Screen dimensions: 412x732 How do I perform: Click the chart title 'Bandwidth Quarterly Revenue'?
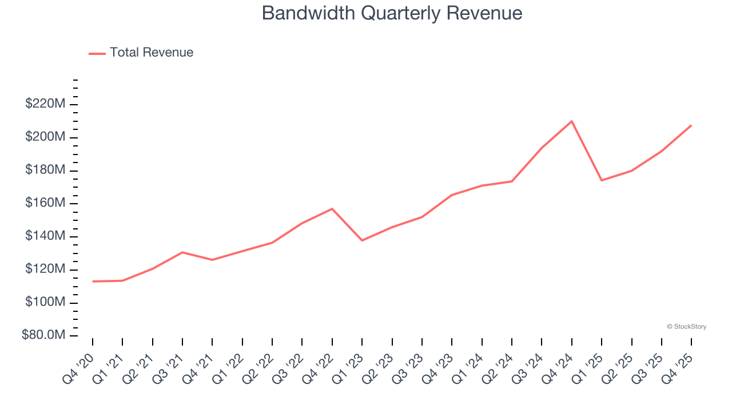392,13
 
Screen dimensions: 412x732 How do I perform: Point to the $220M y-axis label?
45,104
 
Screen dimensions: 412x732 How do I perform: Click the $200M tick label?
45,137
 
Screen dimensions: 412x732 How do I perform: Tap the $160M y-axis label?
45,203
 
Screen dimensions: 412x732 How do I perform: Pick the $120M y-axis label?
45,269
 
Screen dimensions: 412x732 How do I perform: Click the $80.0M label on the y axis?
43,335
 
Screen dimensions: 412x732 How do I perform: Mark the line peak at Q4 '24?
572,121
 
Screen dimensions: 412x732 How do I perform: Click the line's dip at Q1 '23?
362,240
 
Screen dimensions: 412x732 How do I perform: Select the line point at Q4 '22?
332,209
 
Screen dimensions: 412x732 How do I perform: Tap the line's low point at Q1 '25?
602,180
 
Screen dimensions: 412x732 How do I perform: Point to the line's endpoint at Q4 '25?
691,125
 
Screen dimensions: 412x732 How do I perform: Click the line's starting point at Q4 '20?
93,282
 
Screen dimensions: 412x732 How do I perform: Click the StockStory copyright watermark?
686,327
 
